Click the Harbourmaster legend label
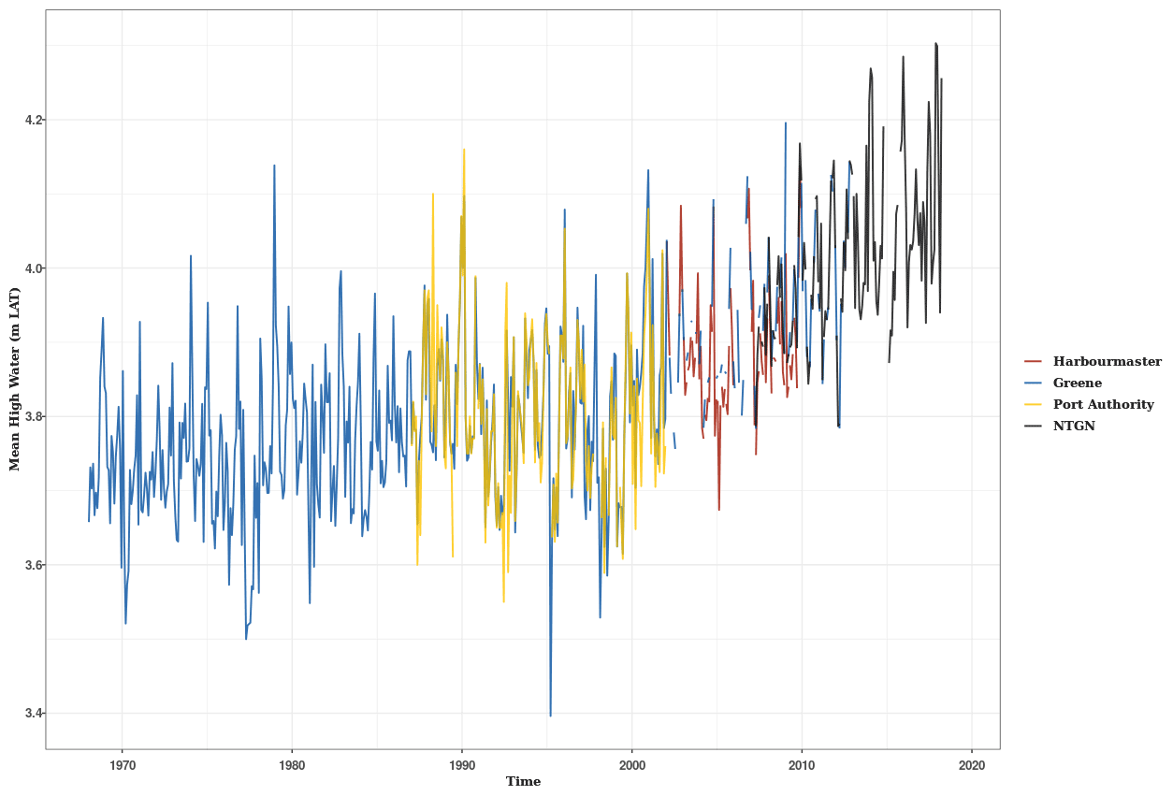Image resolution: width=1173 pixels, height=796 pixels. tap(1107, 361)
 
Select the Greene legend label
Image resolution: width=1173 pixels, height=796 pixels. tap(1077, 383)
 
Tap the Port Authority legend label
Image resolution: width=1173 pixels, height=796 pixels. tap(1103, 404)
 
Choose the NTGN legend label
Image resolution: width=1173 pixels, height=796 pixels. tap(1074, 426)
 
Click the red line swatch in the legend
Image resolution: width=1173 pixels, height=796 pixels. tap(1034, 361)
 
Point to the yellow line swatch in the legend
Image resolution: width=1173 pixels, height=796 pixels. tap(1034, 404)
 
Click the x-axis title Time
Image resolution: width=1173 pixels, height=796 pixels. tap(523, 782)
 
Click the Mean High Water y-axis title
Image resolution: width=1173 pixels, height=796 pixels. tap(15, 379)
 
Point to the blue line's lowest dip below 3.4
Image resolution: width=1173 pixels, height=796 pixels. tap(550, 716)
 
